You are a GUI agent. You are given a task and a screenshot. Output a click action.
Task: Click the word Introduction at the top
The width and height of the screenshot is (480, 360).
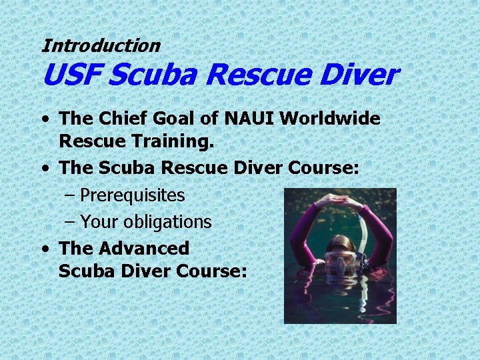point(101,46)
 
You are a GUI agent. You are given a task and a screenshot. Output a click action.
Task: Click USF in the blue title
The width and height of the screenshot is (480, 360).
point(70,76)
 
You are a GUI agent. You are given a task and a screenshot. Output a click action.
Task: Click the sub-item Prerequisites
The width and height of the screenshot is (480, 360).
point(132,195)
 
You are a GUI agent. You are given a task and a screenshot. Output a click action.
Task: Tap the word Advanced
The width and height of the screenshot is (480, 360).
point(144,248)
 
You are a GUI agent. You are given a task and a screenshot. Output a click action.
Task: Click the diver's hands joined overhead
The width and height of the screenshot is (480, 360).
point(339,199)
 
